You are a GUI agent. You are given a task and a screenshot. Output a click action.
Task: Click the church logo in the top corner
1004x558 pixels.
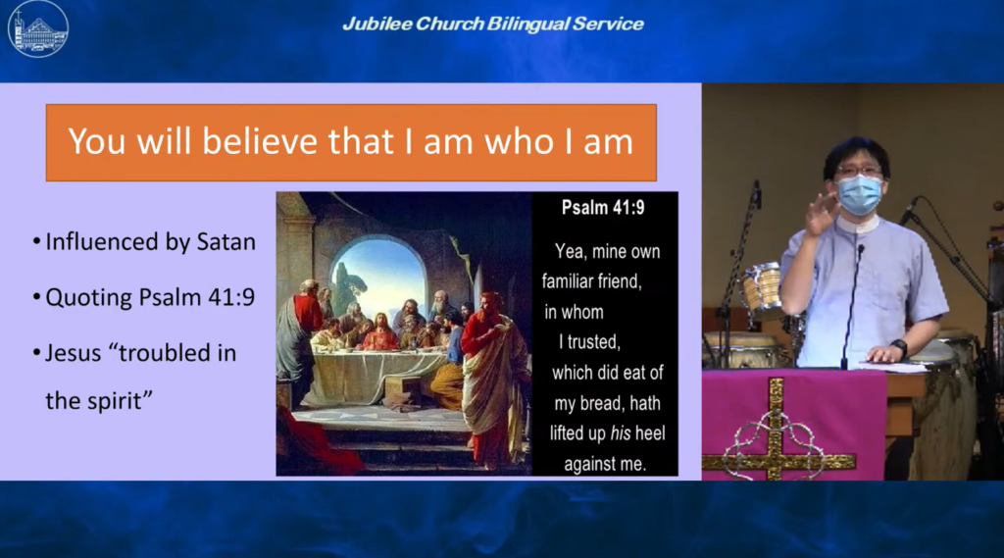click(38, 28)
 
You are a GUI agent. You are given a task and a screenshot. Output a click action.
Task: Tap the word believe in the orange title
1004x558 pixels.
click(260, 141)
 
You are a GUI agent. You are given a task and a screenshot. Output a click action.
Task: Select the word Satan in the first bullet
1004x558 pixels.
click(226, 242)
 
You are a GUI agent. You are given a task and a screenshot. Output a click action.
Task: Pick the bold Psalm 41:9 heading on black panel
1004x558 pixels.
click(603, 208)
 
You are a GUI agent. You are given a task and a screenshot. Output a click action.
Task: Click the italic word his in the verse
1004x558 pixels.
click(621, 433)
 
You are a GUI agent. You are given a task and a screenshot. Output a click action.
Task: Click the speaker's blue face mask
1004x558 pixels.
click(859, 195)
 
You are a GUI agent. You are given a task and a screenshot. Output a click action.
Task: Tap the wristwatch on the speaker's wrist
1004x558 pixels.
click(900, 348)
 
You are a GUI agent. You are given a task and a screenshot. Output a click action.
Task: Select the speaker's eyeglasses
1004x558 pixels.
click(858, 171)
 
